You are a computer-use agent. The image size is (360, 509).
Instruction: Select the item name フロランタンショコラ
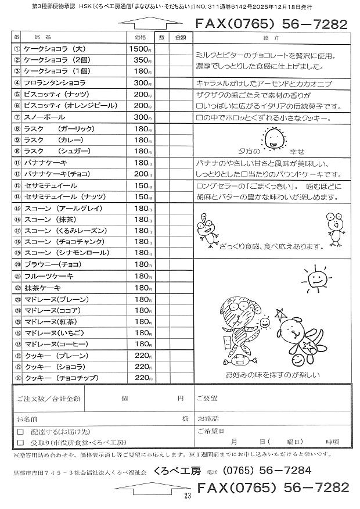(x=55, y=84)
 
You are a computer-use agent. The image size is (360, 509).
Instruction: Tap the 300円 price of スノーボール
(x=142, y=117)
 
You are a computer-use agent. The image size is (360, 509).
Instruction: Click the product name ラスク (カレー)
(x=52, y=140)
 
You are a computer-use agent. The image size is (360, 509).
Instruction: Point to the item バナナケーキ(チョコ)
(x=53, y=174)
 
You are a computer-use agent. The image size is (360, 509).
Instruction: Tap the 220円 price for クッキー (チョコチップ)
(x=142, y=378)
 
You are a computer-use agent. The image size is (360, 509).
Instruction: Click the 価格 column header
(x=140, y=37)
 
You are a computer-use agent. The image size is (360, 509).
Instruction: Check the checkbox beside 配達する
(x=20, y=432)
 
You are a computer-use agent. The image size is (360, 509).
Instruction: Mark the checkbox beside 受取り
(x=20, y=442)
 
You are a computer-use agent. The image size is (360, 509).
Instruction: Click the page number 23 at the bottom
(x=187, y=495)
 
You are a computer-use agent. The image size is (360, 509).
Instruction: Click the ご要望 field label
(x=207, y=399)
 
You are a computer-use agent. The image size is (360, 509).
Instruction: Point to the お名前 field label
(x=27, y=418)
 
